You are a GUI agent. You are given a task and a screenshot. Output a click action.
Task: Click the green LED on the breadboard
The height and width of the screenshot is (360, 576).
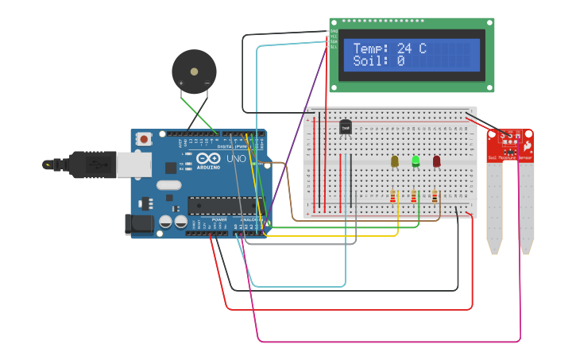(x=416, y=161)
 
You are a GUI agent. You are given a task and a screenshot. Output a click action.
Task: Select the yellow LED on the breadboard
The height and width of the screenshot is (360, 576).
(x=394, y=161)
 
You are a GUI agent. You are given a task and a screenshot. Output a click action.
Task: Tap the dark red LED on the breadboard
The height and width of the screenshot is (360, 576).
(x=436, y=161)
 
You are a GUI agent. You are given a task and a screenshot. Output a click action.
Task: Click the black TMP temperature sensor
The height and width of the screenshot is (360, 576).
(x=345, y=126)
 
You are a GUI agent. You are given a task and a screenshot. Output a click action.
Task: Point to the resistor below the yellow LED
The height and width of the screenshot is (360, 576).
(x=392, y=195)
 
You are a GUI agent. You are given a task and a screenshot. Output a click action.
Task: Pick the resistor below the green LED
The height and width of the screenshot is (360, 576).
(x=414, y=195)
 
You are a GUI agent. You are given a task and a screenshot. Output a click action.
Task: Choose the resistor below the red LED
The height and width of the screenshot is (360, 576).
(x=435, y=195)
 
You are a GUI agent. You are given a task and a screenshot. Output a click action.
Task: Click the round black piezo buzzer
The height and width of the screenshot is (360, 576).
(x=194, y=72)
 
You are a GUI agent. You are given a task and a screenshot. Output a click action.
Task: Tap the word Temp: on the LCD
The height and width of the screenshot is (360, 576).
(x=371, y=49)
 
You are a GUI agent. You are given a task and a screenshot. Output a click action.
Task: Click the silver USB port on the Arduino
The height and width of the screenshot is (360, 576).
(x=133, y=165)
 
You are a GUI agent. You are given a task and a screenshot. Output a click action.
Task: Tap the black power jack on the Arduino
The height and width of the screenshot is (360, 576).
(x=141, y=223)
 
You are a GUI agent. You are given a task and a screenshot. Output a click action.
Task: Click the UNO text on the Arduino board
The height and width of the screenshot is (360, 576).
(x=237, y=159)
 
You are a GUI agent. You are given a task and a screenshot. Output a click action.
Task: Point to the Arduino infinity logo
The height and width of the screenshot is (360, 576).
(x=208, y=157)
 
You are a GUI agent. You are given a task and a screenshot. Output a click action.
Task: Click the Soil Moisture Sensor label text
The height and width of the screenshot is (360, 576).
(x=509, y=158)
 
